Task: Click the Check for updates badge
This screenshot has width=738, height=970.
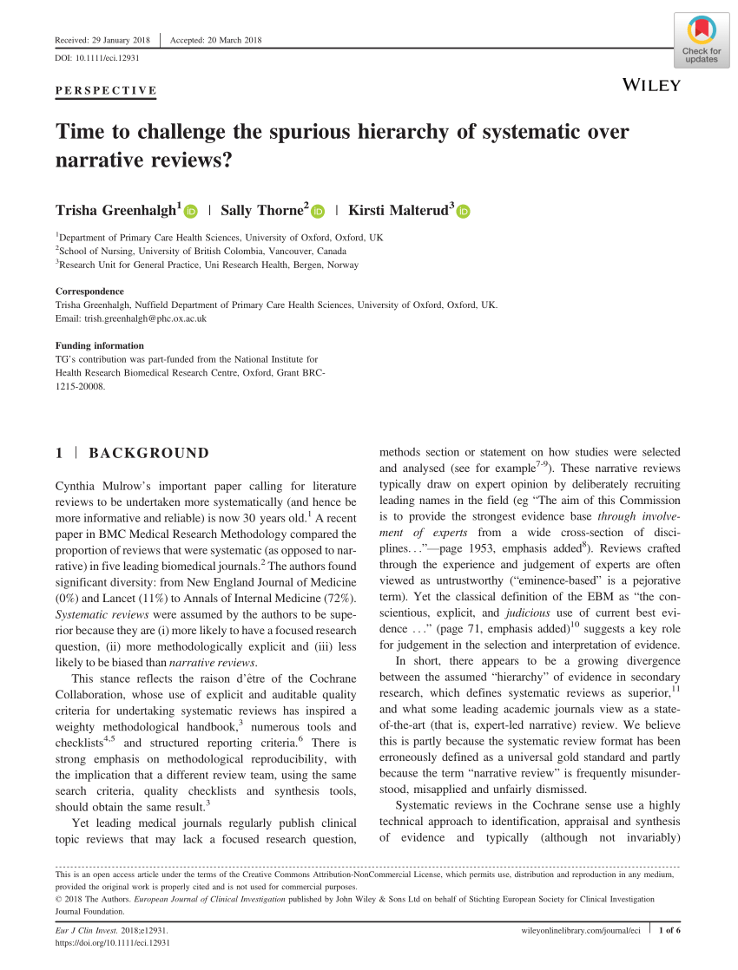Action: tap(702, 42)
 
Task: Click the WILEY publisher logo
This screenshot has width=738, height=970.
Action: tap(652, 84)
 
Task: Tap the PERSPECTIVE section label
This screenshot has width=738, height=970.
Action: tap(106, 90)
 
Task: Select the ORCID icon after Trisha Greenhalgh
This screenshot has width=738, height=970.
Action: tap(191, 211)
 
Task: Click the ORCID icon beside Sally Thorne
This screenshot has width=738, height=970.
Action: tap(317, 211)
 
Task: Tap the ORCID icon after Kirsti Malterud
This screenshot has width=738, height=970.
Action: tap(463, 211)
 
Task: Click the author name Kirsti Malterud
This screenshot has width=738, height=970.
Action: tap(398, 210)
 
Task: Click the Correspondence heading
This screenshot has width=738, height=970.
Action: tap(89, 292)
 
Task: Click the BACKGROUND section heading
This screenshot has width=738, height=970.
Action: tap(148, 453)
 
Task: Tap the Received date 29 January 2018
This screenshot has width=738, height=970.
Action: tap(102, 40)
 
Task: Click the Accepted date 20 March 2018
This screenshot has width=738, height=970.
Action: tap(216, 40)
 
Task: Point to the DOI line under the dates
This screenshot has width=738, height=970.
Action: tap(97, 58)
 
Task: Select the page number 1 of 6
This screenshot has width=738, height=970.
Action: tap(669, 931)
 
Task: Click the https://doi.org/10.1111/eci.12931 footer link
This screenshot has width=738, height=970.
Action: tap(112, 942)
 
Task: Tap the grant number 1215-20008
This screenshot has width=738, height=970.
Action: tap(80, 387)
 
